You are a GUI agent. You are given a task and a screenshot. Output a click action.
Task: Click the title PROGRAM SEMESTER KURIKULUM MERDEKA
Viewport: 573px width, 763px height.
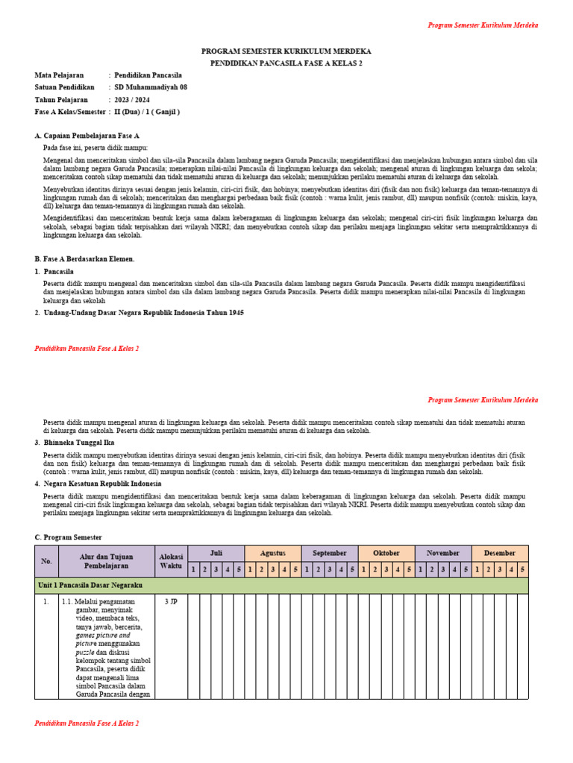[x=286, y=51]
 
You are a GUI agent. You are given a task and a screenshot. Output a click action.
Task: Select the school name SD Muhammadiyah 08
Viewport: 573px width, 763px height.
[x=151, y=87]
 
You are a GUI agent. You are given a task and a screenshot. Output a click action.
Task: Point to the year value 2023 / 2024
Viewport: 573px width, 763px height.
[x=132, y=99]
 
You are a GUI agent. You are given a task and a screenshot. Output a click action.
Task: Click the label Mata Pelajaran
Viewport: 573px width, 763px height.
[x=60, y=75]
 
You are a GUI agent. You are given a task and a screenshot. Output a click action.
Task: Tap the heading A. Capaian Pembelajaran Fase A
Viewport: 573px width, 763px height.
[x=87, y=136]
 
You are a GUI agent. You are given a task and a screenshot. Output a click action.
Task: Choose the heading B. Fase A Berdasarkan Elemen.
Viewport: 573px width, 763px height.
[x=84, y=259]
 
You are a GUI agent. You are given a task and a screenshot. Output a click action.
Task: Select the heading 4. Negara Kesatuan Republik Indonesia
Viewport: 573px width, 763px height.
[x=101, y=484]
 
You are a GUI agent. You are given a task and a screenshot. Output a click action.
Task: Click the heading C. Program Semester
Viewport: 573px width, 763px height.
[x=69, y=537]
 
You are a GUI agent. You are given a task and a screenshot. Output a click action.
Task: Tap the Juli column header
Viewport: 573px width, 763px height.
[x=216, y=554]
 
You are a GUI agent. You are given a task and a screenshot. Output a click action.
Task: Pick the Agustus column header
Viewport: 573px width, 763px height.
[x=272, y=554]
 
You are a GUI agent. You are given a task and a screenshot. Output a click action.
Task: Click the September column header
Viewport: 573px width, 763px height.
[x=329, y=554]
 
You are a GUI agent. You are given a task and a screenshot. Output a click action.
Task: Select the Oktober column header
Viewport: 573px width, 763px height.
[x=386, y=554]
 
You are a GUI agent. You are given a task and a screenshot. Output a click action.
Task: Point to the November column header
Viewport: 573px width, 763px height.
[x=442, y=554]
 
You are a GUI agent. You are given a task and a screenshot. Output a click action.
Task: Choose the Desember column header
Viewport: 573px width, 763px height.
[x=499, y=554]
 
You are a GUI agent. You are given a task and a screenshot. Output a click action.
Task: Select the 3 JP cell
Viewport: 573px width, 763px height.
[x=171, y=601]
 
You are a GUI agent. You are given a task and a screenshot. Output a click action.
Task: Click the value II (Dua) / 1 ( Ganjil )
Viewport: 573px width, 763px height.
[x=147, y=112]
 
